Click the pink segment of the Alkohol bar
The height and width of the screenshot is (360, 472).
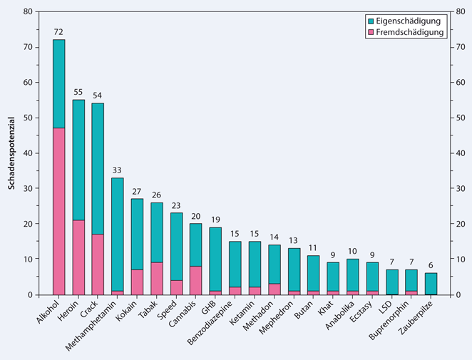(x=59, y=211)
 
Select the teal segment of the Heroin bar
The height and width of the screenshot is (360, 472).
(x=78, y=160)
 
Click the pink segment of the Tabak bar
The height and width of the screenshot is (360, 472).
(x=157, y=278)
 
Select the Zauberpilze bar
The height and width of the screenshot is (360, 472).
(x=431, y=284)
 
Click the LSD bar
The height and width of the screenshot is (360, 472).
(x=392, y=282)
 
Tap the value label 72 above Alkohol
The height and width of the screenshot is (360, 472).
(x=59, y=33)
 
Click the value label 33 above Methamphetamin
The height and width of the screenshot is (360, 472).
(x=118, y=171)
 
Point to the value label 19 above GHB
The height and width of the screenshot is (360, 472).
(x=215, y=220)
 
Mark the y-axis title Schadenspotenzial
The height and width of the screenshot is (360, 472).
(x=12, y=153)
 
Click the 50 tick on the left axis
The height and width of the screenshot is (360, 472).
(x=27, y=118)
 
